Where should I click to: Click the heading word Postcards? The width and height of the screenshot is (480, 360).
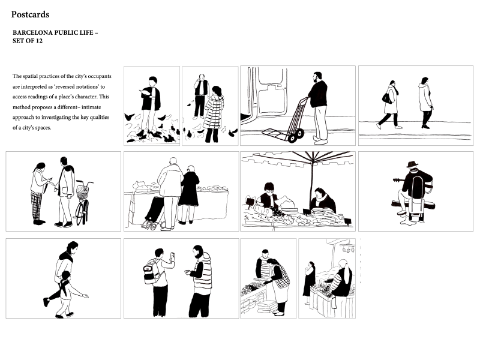30,14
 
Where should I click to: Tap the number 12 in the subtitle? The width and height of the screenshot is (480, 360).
39,41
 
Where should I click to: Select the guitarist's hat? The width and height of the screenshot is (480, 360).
412,164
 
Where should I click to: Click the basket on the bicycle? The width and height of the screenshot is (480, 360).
82,191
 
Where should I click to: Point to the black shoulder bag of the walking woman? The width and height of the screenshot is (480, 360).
386,98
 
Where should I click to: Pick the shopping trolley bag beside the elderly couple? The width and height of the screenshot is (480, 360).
155,209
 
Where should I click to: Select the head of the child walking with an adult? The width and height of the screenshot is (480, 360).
65,275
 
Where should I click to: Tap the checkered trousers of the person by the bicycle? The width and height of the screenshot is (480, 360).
37,206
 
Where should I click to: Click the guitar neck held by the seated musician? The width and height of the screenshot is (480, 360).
398,180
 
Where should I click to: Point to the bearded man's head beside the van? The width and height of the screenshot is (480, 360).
317,77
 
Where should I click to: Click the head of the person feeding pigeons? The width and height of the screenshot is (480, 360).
152,82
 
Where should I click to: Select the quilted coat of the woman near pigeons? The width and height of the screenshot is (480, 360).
214,112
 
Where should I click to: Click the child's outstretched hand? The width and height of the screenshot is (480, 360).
85,296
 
